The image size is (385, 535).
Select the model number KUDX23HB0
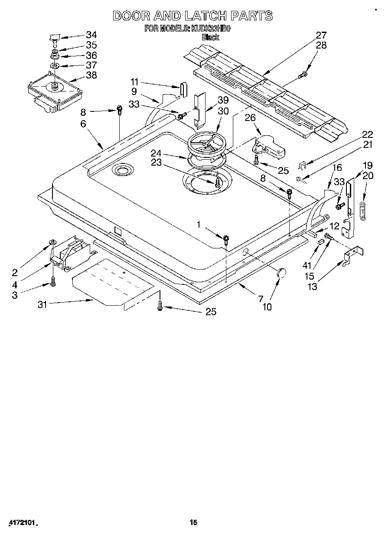212,29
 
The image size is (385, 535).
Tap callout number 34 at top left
91,35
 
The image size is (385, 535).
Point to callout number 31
42,304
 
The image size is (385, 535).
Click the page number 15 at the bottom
193,522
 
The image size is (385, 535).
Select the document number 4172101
20,523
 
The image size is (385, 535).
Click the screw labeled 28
302,75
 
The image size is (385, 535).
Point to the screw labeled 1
226,238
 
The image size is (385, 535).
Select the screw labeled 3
53,283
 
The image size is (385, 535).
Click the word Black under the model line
210,37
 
